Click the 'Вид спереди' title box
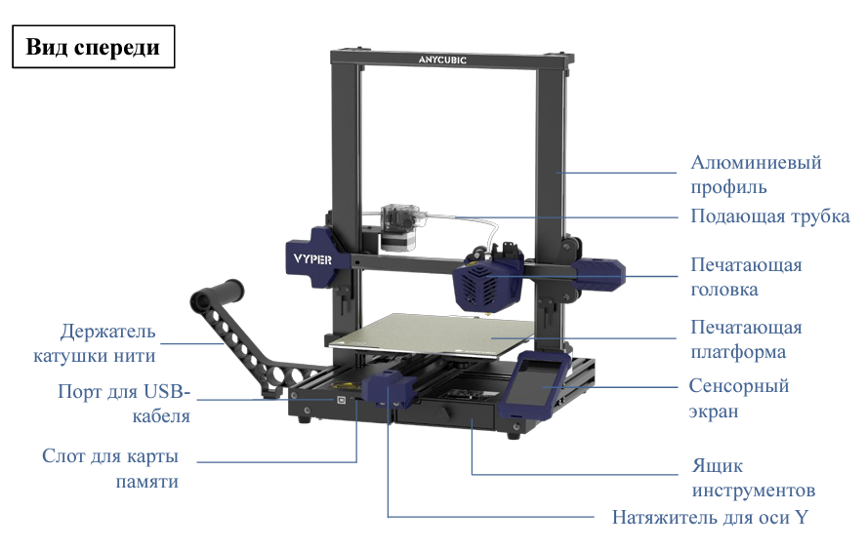pos(94,47)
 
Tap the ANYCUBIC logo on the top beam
pos(442,59)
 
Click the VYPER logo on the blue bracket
pos(312,259)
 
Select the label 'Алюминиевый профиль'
pos(756,175)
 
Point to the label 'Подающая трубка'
pos(769,216)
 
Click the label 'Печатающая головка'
pos(746,277)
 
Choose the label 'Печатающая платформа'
pos(746,339)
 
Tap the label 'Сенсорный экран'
pos(739,398)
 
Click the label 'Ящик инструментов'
pos(753,478)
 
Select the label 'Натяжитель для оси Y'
pos(710,518)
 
